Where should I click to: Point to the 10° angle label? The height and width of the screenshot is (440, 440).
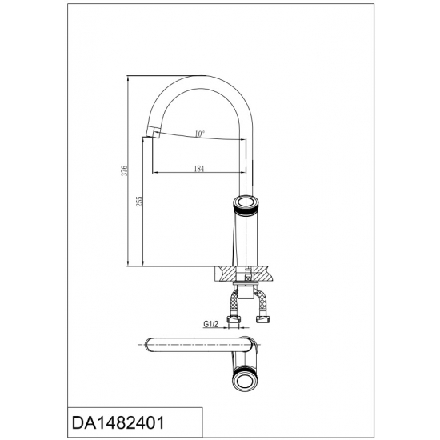[x=199, y=133]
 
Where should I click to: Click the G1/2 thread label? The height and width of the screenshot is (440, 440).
[x=211, y=324]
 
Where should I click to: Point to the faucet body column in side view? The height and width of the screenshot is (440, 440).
[x=246, y=236]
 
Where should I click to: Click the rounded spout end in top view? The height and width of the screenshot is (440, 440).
[x=147, y=345]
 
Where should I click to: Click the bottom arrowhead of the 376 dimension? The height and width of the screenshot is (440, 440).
[x=129, y=263]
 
